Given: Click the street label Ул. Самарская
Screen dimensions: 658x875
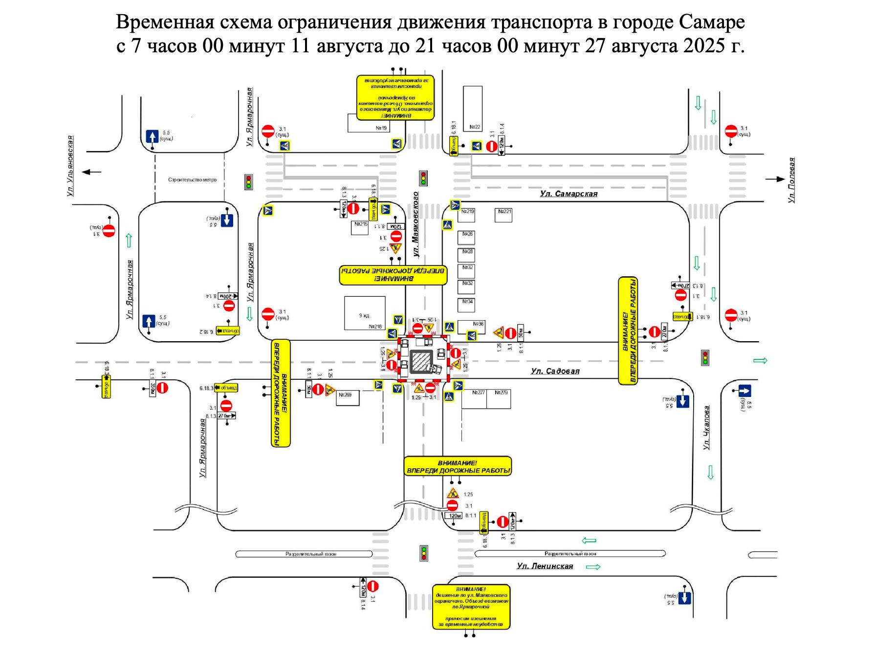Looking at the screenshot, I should point(569,194).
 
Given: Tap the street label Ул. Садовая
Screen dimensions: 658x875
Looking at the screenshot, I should point(555,371).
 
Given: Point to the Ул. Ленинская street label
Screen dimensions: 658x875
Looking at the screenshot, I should point(545,566).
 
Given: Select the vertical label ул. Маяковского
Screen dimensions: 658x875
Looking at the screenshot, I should point(416,224).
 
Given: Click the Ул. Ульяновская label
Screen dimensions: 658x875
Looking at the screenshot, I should point(70,166).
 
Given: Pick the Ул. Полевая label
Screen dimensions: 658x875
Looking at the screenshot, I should point(792,180).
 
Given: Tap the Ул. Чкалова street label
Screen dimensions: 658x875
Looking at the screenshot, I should point(706,428).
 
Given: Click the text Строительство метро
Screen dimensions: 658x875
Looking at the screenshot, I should point(192,180).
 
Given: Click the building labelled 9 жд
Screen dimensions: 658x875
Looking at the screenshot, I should point(365,315).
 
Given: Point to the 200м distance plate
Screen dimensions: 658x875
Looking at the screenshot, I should point(227,296).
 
